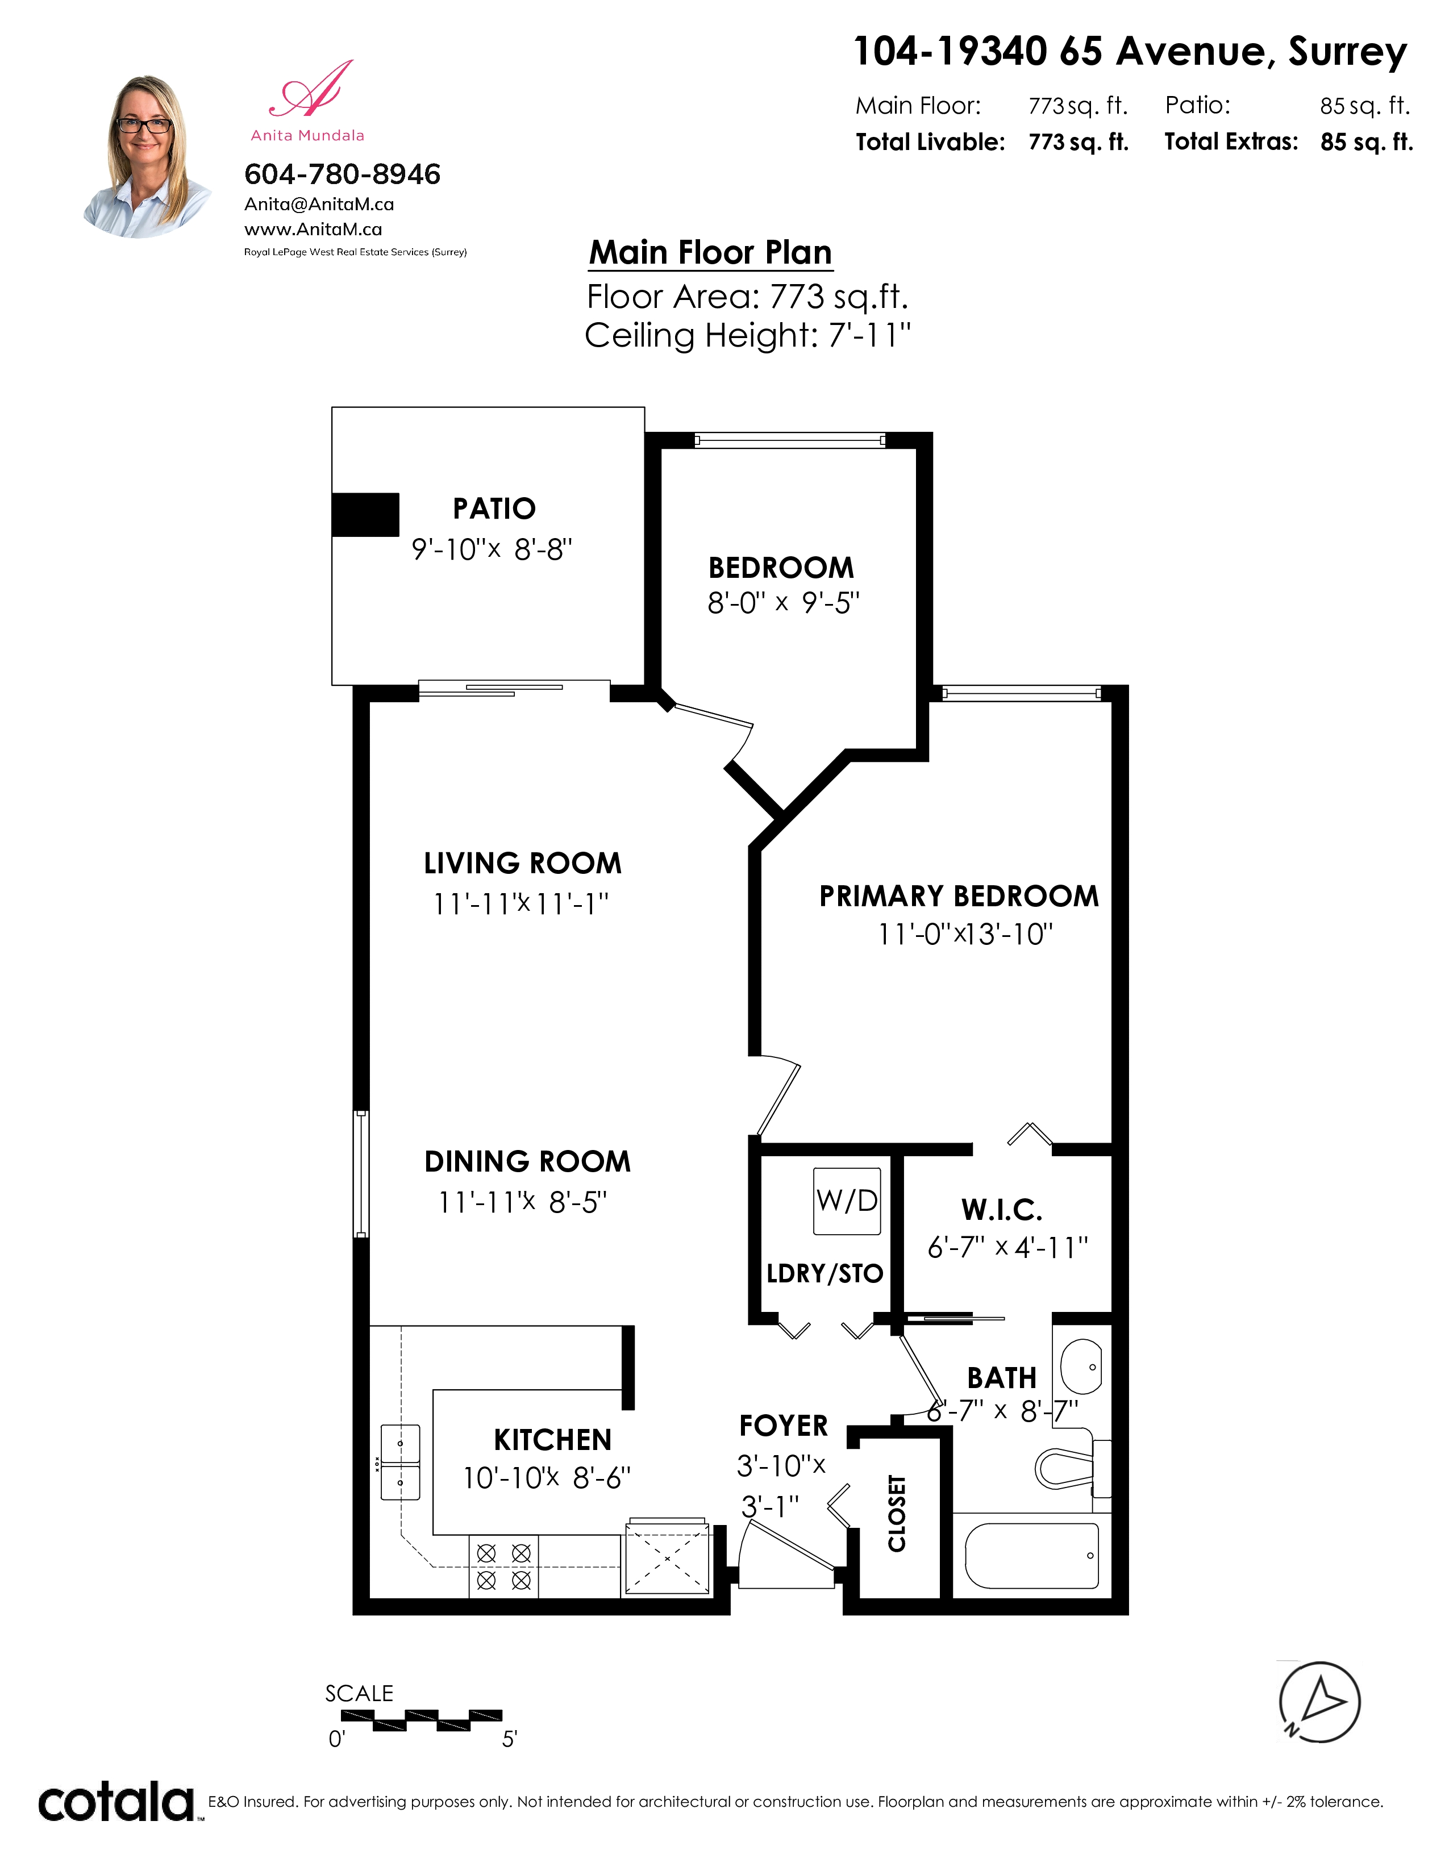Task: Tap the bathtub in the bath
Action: pos(1032,1556)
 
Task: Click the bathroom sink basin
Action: pos(1081,1366)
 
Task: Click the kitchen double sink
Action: pos(400,1462)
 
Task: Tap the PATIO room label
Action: pos(494,509)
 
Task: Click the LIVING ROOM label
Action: pos(523,863)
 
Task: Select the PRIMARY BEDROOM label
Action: pos(959,895)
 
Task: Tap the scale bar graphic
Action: pos(422,1720)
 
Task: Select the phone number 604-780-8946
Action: pos(343,174)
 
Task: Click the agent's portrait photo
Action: pos(146,156)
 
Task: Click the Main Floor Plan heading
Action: pos(711,252)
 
